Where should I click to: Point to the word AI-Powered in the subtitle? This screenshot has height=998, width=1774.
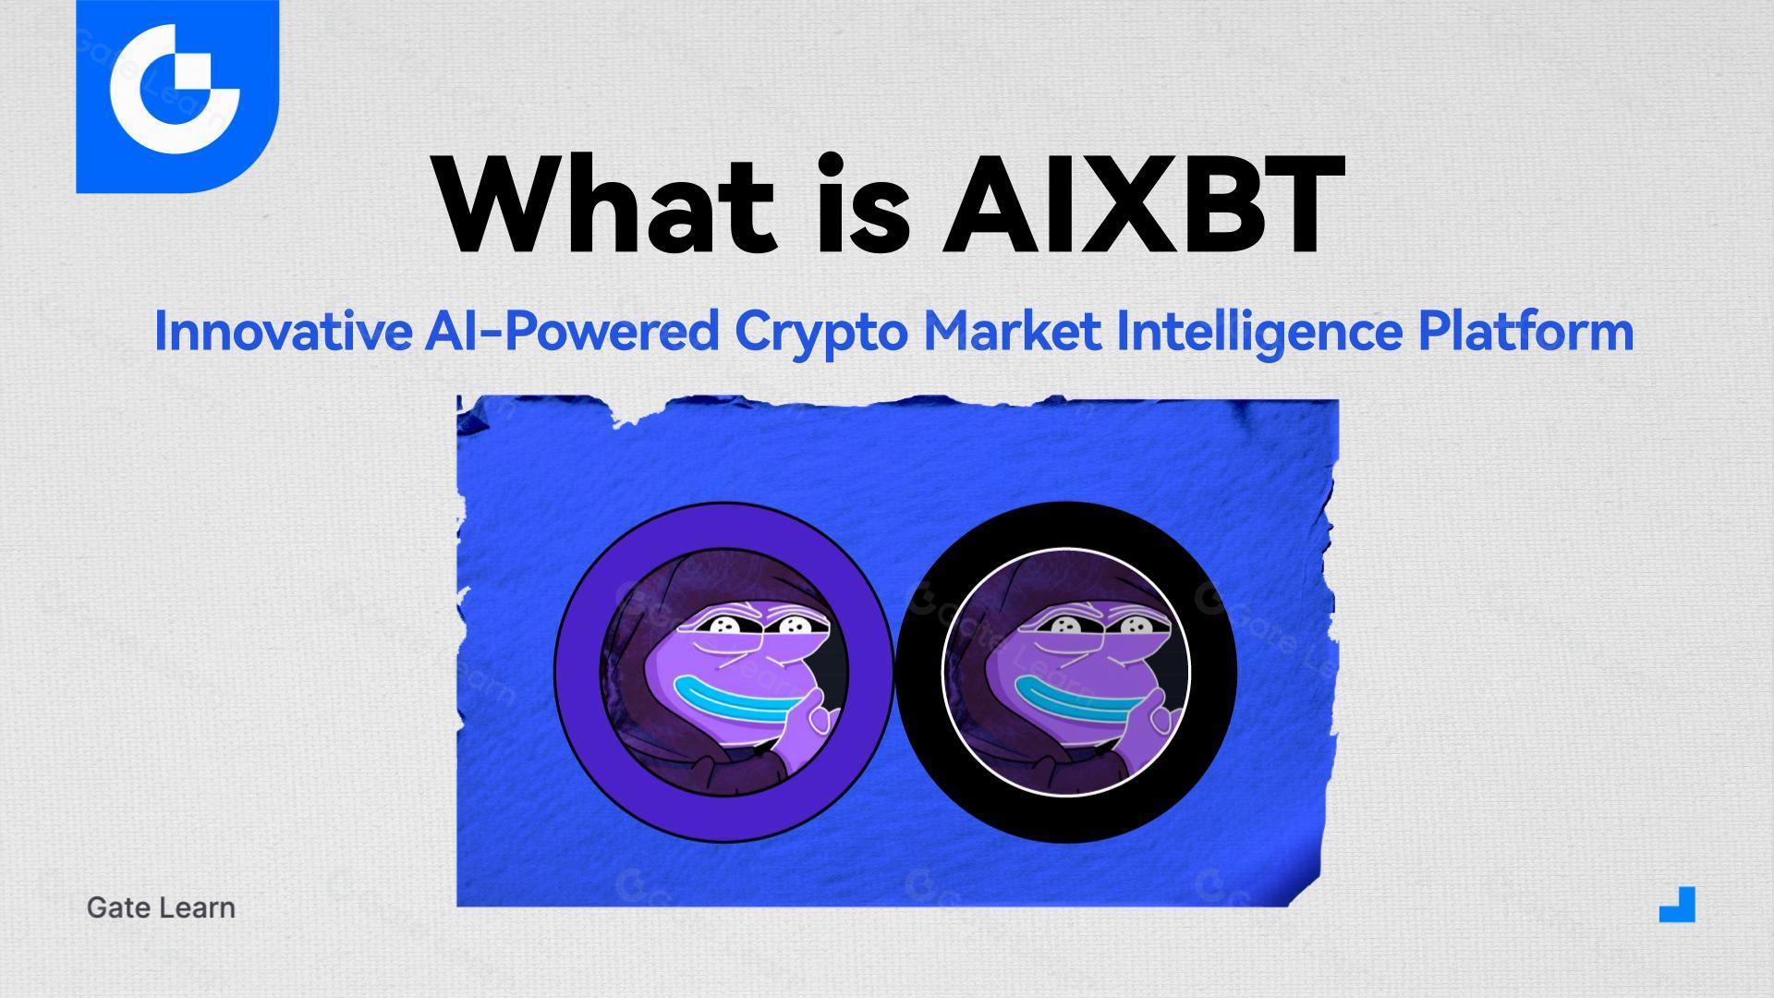(571, 331)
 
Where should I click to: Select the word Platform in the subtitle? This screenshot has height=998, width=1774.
(1525, 331)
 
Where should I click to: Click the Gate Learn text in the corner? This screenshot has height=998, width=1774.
(161, 907)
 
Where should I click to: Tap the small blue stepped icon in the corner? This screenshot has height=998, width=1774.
(1678, 905)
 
